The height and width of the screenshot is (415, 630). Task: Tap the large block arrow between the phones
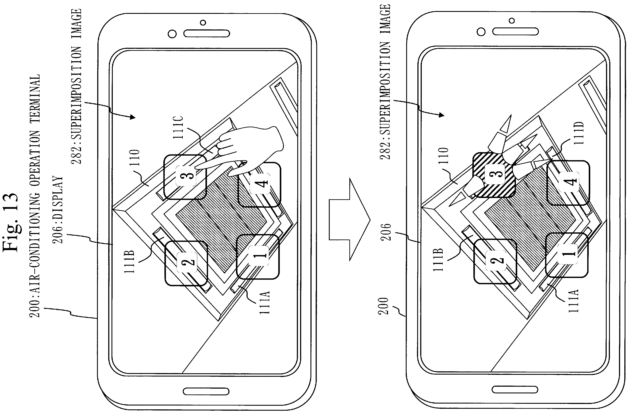349,220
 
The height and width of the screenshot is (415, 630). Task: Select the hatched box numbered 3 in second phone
494,175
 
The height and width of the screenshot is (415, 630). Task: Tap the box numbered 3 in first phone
185,177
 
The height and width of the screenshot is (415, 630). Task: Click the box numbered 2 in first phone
186,263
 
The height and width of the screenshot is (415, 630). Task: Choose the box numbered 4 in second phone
568,183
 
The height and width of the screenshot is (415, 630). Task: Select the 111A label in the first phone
264,303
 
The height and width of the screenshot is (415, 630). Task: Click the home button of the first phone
206,391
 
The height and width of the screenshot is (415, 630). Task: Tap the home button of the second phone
515,389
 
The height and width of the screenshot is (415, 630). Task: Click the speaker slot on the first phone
207,34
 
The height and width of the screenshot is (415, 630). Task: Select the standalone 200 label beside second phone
383,306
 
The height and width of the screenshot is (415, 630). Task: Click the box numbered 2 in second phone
495,261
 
